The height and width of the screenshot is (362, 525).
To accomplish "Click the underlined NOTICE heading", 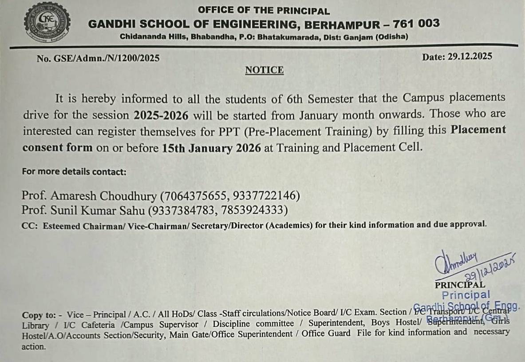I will pyautogui.click(x=264, y=70).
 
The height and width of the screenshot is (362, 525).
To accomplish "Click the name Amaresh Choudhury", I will pyautogui.click(x=104, y=195).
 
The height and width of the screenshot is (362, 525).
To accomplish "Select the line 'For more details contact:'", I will pyautogui.click(x=74, y=171).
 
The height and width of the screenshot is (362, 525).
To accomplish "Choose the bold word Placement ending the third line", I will pyautogui.click(x=478, y=130).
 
